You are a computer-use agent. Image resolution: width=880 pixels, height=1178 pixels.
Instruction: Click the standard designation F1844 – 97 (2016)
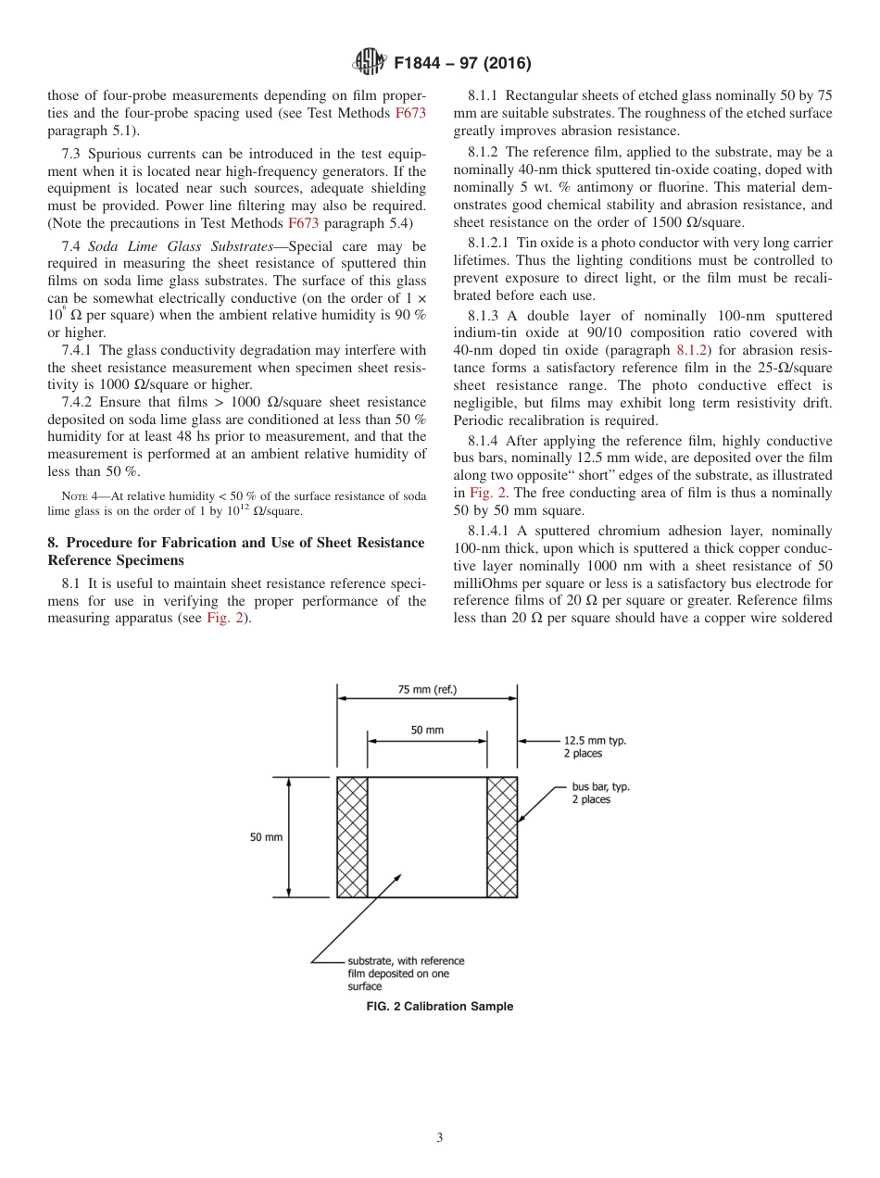(x=461, y=64)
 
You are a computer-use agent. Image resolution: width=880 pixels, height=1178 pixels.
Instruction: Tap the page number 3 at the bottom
(x=440, y=1138)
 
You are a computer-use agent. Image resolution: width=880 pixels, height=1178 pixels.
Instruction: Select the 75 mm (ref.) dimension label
(x=427, y=689)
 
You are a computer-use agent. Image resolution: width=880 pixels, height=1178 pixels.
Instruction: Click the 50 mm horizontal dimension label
(x=427, y=730)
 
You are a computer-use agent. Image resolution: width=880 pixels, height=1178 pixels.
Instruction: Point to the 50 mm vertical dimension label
(x=266, y=836)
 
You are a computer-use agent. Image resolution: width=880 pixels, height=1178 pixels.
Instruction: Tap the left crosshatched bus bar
(x=352, y=836)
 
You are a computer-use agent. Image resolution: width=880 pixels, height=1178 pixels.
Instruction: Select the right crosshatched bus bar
(x=502, y=836)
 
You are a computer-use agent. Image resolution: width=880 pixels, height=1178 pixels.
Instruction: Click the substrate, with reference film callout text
(x=405, y=973)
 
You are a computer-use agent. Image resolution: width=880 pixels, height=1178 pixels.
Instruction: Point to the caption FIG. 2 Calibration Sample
(x=440, y=1007)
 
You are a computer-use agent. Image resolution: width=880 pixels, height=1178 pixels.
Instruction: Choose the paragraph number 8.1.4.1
(x=486, y=531)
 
